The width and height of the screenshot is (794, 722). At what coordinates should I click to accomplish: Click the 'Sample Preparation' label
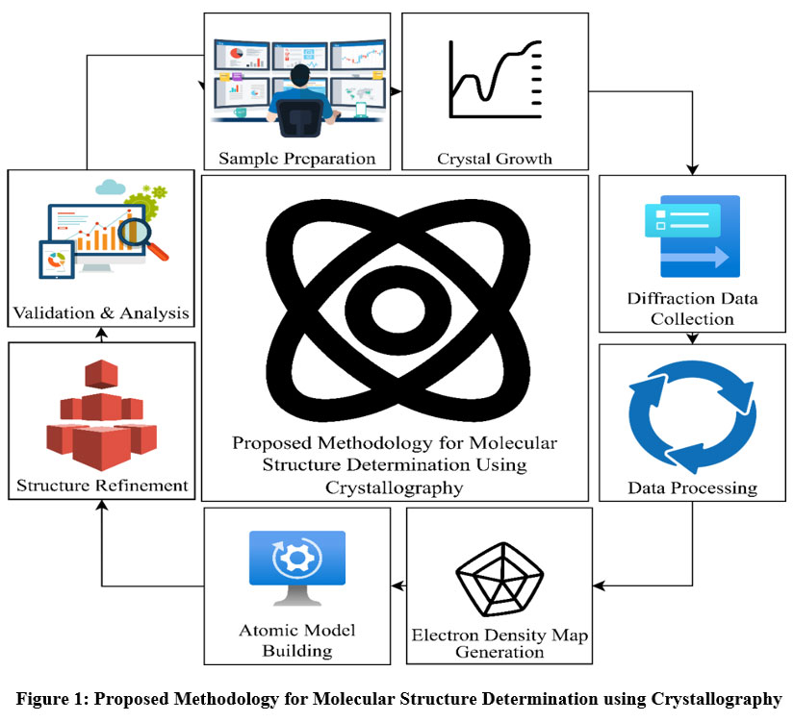pos(295,158)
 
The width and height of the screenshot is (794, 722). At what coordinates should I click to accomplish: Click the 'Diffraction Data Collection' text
pos(692,308)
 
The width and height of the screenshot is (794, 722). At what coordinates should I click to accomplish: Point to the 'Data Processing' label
pos(692,487)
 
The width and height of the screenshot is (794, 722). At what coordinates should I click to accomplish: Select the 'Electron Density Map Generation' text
pos(499,643)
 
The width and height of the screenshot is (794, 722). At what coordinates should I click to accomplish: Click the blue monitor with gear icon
pos(296,568)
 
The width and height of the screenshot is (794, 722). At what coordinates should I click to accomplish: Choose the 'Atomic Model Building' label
pos(296,640)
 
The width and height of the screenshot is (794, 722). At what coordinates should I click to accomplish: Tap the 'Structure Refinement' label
pos(101,485)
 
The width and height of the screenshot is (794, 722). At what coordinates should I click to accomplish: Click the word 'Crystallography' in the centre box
pos(395,487)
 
